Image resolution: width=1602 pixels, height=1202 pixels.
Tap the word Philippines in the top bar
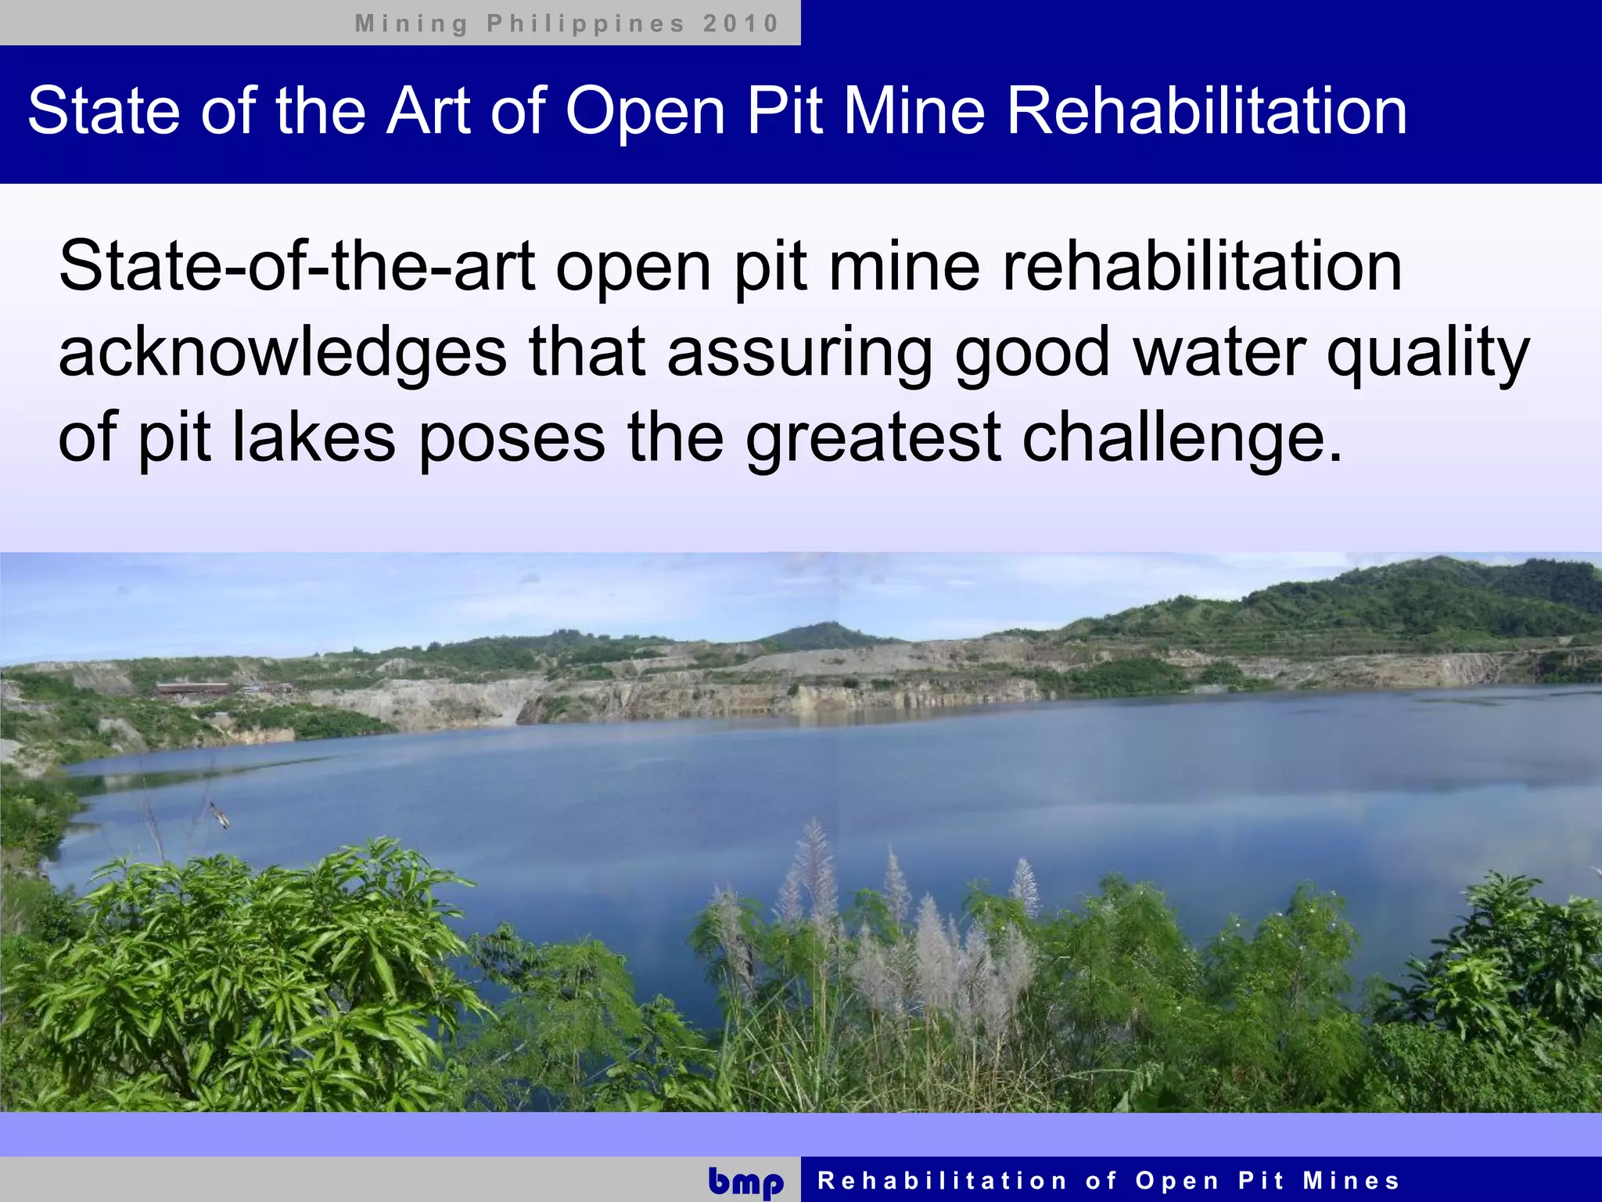(586, 23)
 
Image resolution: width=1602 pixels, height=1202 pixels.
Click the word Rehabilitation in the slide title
(1206, 110)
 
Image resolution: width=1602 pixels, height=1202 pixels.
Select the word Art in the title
(429, 110)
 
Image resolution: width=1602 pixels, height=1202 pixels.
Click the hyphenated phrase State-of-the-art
(296, 267)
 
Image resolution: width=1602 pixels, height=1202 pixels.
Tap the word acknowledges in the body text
(282, 353)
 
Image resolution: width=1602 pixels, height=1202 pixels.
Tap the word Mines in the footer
(1351, 1180)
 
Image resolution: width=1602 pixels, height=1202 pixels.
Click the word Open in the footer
(1177, 1180)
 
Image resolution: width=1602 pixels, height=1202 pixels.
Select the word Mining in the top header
(411, 23)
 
